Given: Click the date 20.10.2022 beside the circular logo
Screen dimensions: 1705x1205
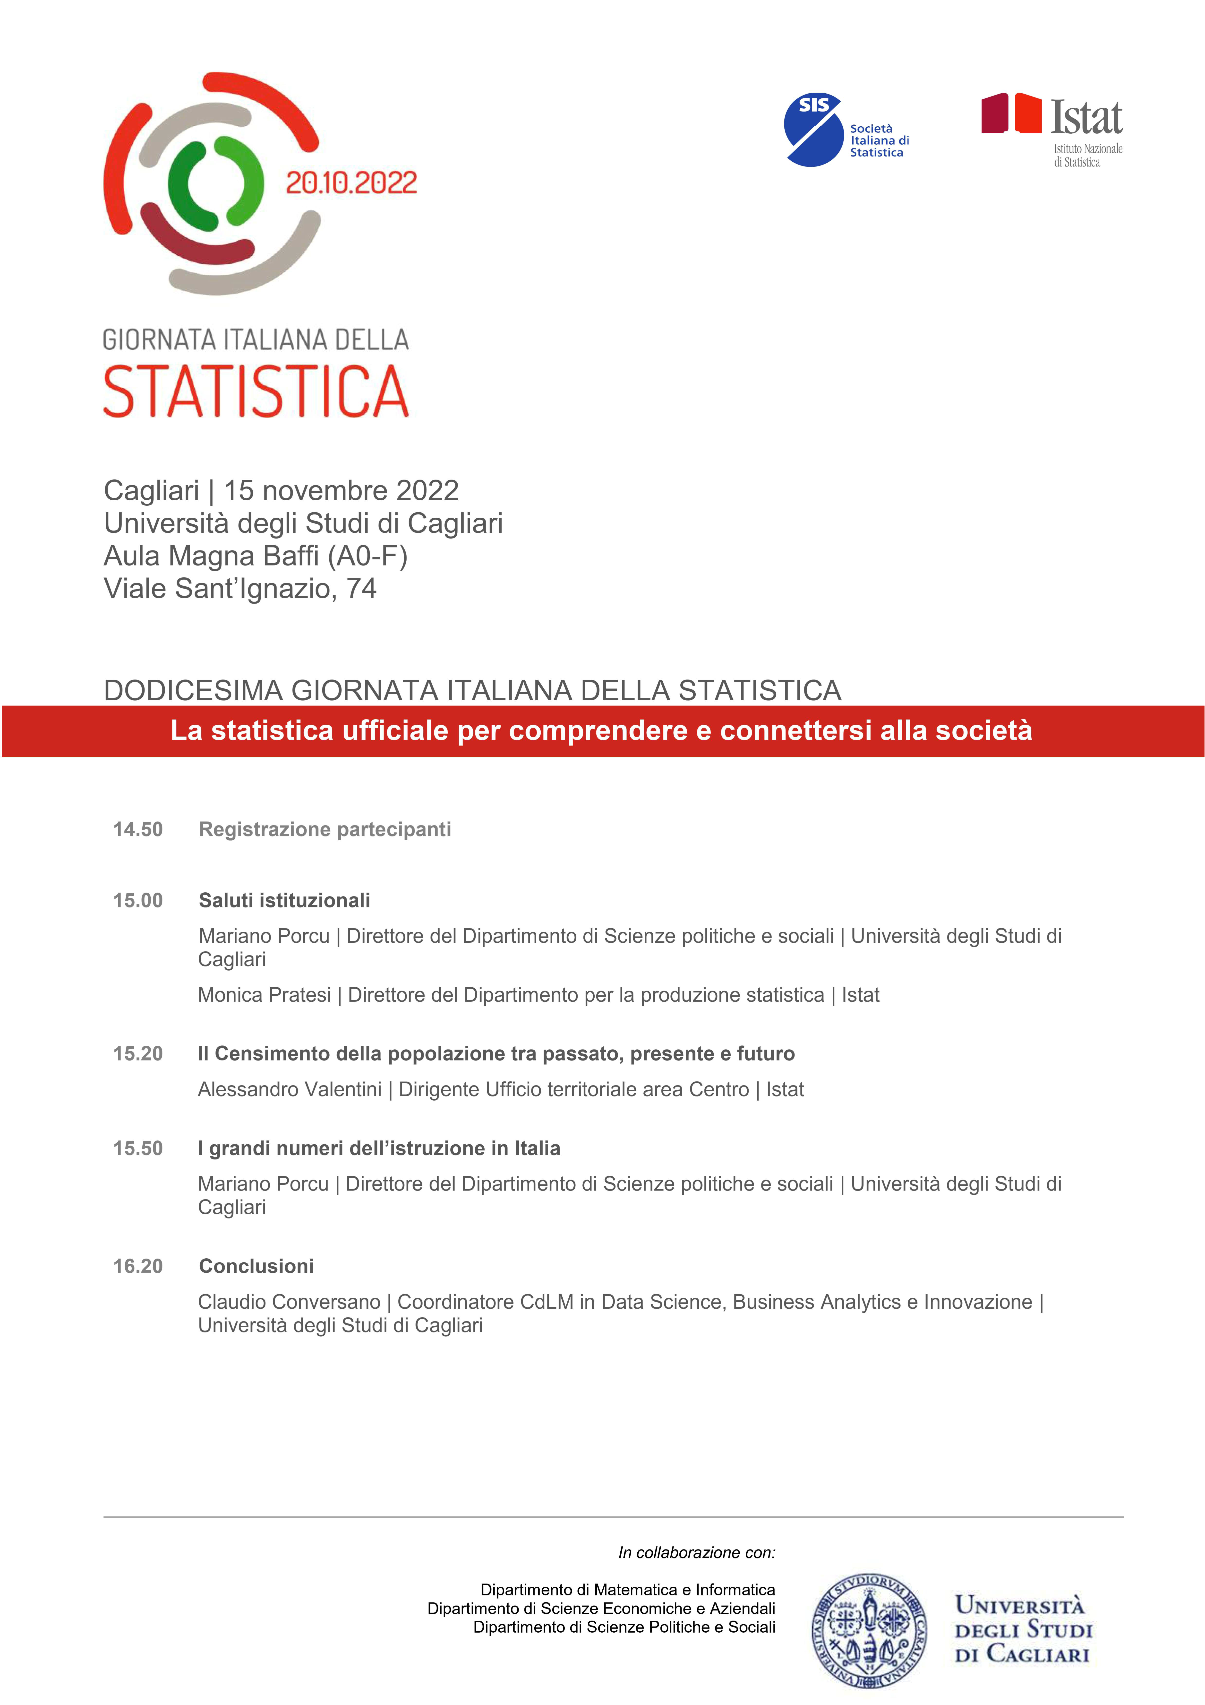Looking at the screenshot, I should coord(351,183).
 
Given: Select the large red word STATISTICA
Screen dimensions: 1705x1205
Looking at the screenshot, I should coord(256,391).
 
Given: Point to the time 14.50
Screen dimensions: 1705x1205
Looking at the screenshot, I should coord(138,829).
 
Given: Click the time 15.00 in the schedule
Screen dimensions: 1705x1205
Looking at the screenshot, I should coord(138,901).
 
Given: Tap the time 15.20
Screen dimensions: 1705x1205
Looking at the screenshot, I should coord(138,1054).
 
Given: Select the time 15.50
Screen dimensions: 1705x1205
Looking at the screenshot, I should coord(138,1148).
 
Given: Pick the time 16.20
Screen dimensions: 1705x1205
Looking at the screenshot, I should coord(138,1266).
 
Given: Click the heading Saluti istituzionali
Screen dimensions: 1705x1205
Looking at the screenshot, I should coord(284,901).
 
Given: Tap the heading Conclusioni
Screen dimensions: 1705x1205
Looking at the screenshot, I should coord(256,1266).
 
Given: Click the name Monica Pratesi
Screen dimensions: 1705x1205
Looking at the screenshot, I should coord(264,995).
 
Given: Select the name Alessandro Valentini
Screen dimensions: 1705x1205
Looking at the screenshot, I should coord(290,1089).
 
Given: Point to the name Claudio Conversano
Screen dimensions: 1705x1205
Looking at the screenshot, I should coord(289,1302).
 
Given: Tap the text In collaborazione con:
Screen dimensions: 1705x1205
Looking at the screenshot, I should coord(696,1553).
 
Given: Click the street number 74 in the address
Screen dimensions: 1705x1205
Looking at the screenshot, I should coord(362,589).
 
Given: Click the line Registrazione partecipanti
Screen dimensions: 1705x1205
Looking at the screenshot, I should coord(325,829).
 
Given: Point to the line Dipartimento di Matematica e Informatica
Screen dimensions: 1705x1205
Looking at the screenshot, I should coord(627,1590).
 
